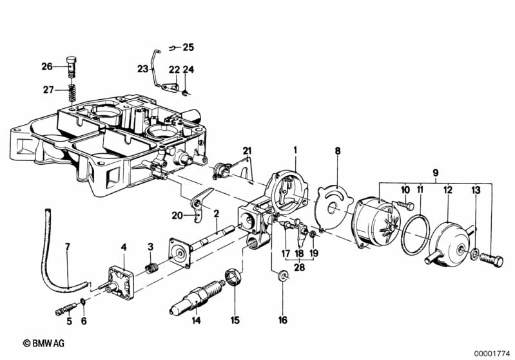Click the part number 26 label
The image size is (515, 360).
[47, 66]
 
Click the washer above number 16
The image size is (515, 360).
[282, 276]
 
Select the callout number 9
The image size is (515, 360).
[435, 173]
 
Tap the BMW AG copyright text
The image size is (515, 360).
[44, 344]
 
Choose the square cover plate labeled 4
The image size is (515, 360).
[122, 283]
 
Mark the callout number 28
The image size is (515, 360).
[299, 267]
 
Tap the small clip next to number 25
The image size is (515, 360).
[172, 48]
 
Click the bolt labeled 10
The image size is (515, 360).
[406, 205]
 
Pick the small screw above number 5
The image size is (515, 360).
[66, 309]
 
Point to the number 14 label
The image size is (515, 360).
[196, 319]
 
